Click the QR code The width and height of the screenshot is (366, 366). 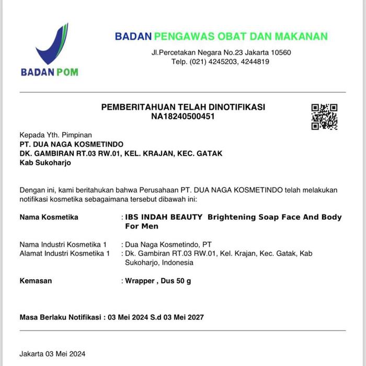pos(324,117)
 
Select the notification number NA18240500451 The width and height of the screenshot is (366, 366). pos(183,116)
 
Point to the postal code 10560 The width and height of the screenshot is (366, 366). pos(280,53)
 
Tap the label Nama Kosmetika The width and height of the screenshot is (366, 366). pos(49,217)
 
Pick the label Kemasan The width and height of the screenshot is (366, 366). pos(36,281)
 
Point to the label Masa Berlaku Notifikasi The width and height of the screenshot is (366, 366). pos(60,317)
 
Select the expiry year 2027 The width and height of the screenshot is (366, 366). pos(195,317)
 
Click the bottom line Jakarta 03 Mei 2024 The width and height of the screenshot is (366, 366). pos(52,353)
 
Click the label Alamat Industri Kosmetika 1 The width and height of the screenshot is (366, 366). pos(64,254)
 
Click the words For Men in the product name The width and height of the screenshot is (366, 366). pos(141,226)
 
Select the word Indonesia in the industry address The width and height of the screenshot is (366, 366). pos(178,262)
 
